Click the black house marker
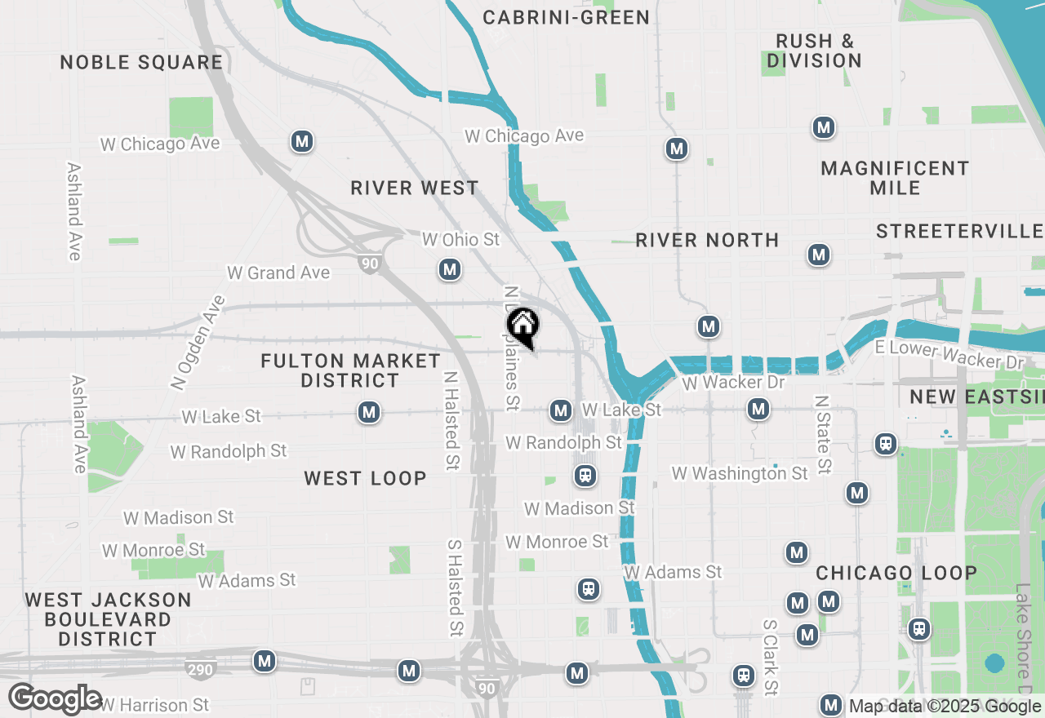523,326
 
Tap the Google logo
55,699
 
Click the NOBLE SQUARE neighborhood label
141,63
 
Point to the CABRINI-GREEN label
566,17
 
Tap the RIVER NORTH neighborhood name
707,240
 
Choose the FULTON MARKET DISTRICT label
350,370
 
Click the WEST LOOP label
365,479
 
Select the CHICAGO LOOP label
896,573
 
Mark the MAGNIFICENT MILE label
895,178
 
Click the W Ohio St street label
460,239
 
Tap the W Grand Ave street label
278,273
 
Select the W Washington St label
739,473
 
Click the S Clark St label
770,657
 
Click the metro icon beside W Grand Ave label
449,269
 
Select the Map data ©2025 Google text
945,707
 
